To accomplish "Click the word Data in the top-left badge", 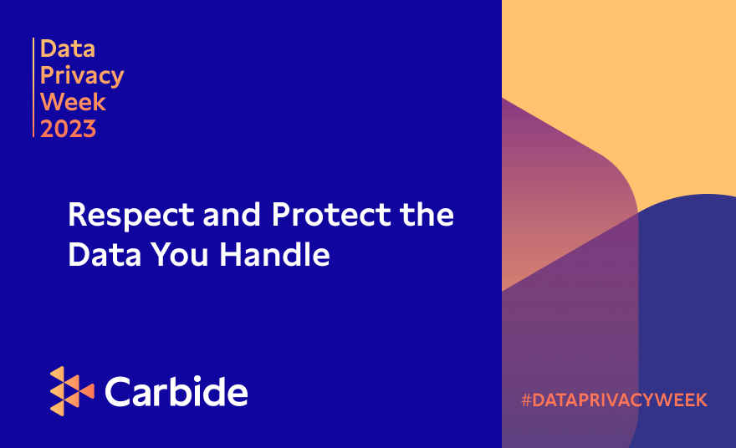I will point(68,48).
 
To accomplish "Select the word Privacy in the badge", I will point(82,76).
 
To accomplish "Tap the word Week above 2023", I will point(74,102).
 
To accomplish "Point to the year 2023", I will point(69,129).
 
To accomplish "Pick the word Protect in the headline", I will point(330,215).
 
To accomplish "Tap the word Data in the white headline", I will point(103,255).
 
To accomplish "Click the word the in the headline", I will point(427,215).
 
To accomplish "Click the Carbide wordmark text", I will point(176,391).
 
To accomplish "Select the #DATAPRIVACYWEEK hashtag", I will point(614,400).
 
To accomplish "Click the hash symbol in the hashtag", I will point(526,400).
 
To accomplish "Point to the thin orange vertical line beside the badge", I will point(33,88).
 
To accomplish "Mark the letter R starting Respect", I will point(79,215).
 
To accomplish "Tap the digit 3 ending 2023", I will point(89,129).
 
